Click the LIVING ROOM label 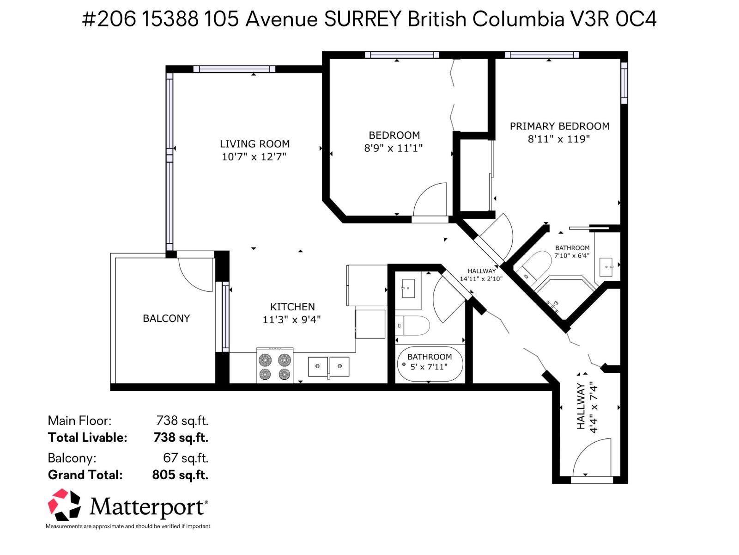tap(254, 144)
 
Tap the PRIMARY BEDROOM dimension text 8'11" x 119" tap(559, 139)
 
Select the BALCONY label tap(166, 318)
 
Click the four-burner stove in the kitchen tap(275, 366)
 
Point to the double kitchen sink tap(328, 366)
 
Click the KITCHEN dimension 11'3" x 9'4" tap(291, 320)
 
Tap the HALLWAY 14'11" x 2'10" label tap(481, 275)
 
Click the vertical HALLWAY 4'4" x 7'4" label tap(587, 407)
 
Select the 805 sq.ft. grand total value tap(180, 475)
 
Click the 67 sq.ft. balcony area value tap(186, 458)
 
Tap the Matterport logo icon tap(64, 505)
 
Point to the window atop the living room tap(234, 69)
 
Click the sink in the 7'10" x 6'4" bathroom tap(606, 267)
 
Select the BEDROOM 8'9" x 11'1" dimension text tap(393, 148)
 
